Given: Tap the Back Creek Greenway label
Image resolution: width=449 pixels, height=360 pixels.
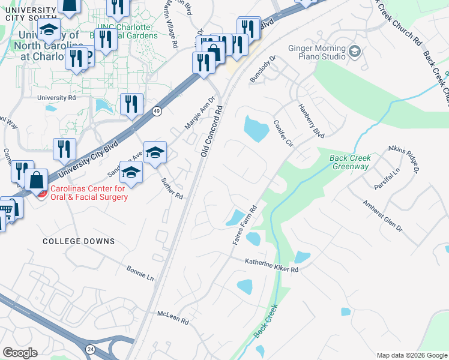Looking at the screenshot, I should (351, 163).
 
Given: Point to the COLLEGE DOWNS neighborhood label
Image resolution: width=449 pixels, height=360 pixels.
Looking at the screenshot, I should (79, 241).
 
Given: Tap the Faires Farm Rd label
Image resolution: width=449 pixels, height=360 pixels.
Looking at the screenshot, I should (245, 225).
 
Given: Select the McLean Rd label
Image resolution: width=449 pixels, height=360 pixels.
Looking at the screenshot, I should (172, 318).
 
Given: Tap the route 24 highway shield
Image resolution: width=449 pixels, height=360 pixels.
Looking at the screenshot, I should (90, 348).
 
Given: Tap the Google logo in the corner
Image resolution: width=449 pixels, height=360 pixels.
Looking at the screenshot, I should (20, 353).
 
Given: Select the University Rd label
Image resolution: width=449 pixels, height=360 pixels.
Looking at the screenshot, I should (56, 97).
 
